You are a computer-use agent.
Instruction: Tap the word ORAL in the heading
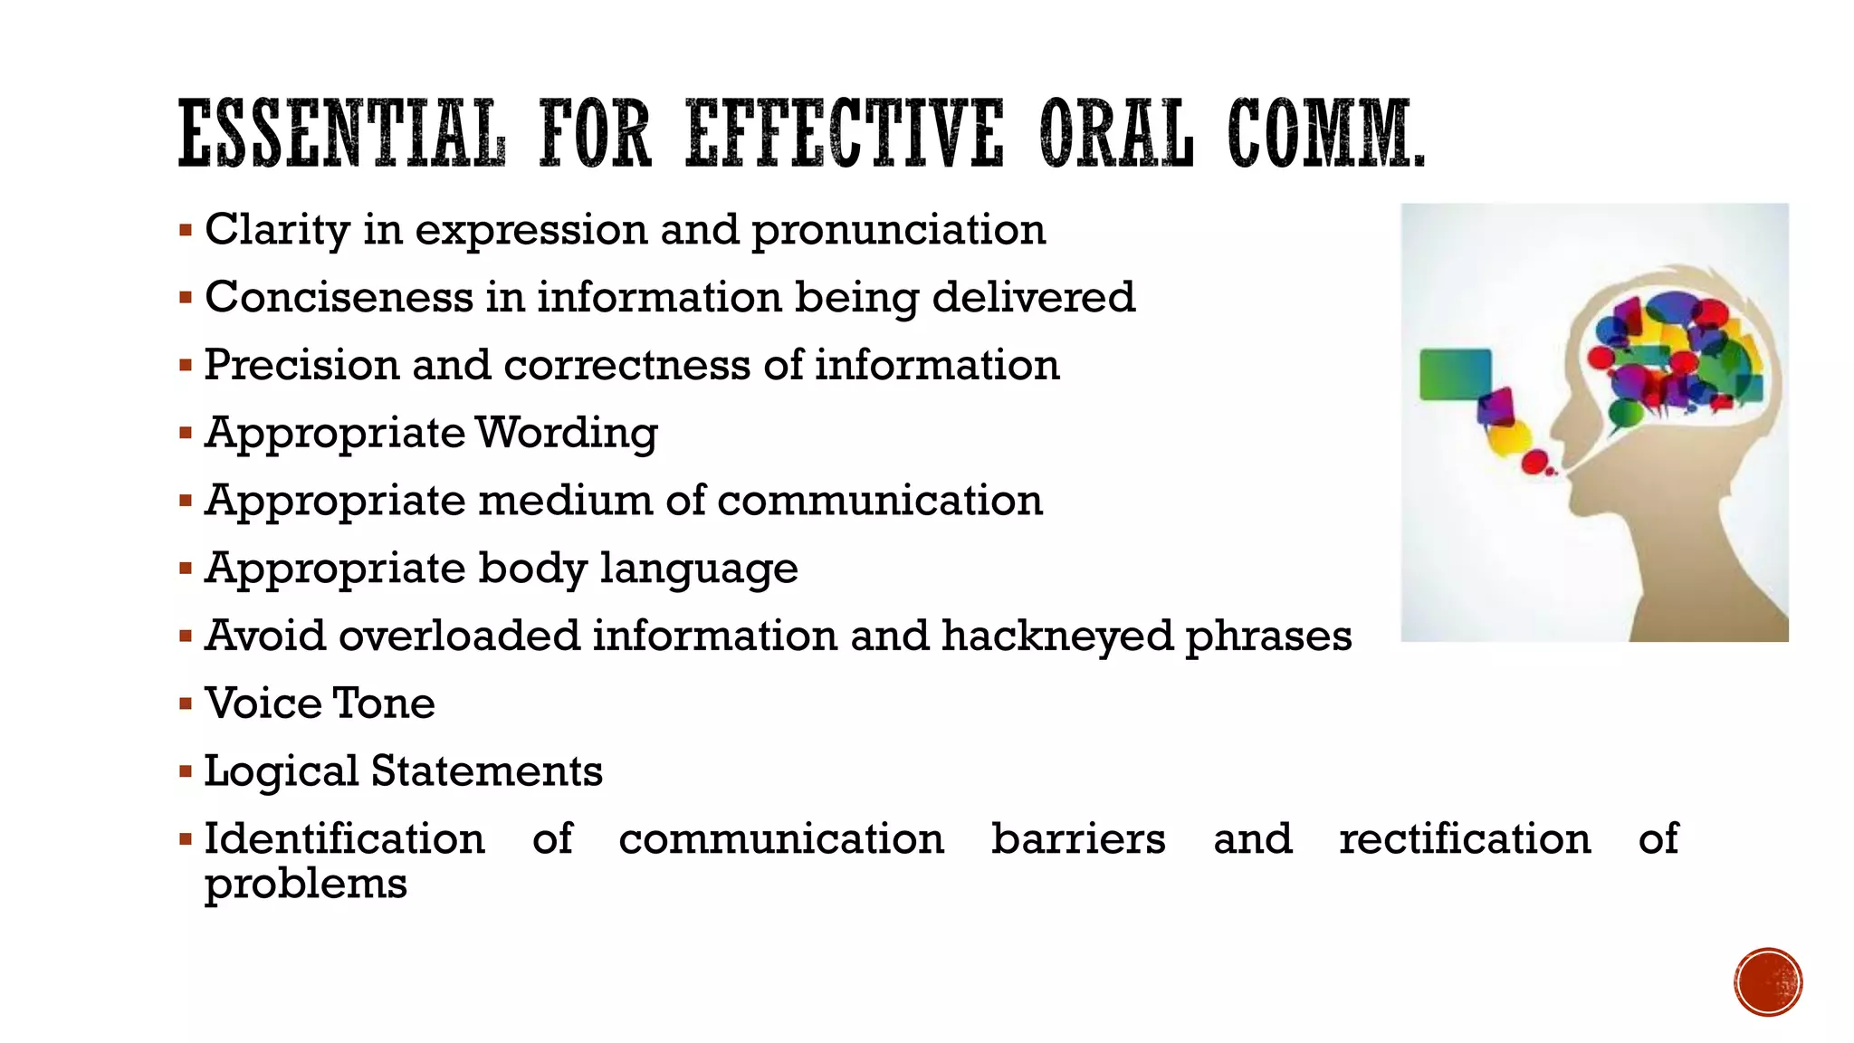pyautogui.click(x=1115, y=134)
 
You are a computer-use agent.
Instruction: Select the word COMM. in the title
pyautogui.click(x=1325, y=134)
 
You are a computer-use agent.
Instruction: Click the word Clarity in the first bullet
pyautogui.click(x=277, y=230)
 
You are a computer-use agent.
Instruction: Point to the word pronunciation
pyautogui.click(x=899, y=230)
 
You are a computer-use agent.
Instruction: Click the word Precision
pyautogui.click(x=301, y=365)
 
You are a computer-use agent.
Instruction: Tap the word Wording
pyautogui.click(x=567, y=433)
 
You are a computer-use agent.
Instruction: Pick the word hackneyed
pyautogui.click(x=1056, y=636)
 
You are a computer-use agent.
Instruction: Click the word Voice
pyautogui.click(x=263, y=703)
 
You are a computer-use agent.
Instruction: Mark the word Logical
pyautogui.click(x=281, y=771)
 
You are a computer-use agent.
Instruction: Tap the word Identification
pyautogui.click(x=344, y=838)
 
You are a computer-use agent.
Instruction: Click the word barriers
pyautogui.click(x=1077, y=838)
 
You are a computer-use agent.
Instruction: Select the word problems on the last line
pyautogui.click(x=305, y=884)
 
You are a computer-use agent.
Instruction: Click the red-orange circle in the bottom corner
pyautogui.click(x=1768, y=981)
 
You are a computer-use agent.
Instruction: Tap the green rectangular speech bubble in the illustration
pyautogui.click(x=1455, y=374)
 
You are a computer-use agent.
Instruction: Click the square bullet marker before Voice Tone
pyautogui.click(x=186, y=703)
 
